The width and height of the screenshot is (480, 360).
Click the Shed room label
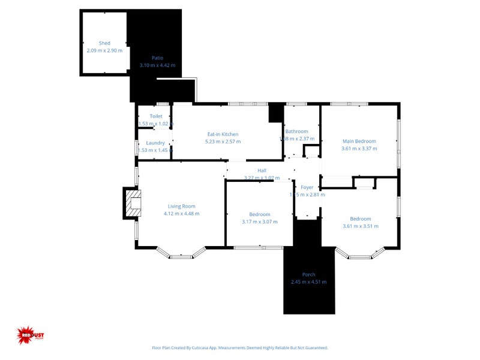(x=104, y=43)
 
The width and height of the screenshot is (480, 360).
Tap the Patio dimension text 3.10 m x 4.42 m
(x=157, y=65)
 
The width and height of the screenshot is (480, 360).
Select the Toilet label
(x=156, y=116)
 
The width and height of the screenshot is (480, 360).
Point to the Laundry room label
(x=155, y=143)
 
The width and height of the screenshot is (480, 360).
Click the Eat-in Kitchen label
(x=223, y=134)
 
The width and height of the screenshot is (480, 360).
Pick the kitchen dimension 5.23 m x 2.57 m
(x=223, y=142)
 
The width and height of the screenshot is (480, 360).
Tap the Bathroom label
(x=296, y=131)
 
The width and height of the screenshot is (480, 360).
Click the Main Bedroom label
(x=359, y=141)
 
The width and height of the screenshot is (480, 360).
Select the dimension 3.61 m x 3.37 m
(x=359, y=149)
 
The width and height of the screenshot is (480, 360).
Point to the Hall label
(x=262, y=170)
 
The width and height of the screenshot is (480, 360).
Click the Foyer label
(x=307, y=187)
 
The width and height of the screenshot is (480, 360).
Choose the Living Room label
(x=181, y=206)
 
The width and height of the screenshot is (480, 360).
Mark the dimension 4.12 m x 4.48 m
(x=181, y=213)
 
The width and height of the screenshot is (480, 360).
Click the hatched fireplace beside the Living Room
(x=133, y=203)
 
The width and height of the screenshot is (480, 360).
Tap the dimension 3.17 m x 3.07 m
(x=260, y=222)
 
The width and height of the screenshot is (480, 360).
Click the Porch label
(x=309, y=275)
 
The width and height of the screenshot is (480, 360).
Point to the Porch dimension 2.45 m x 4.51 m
(x=309, y=282)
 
